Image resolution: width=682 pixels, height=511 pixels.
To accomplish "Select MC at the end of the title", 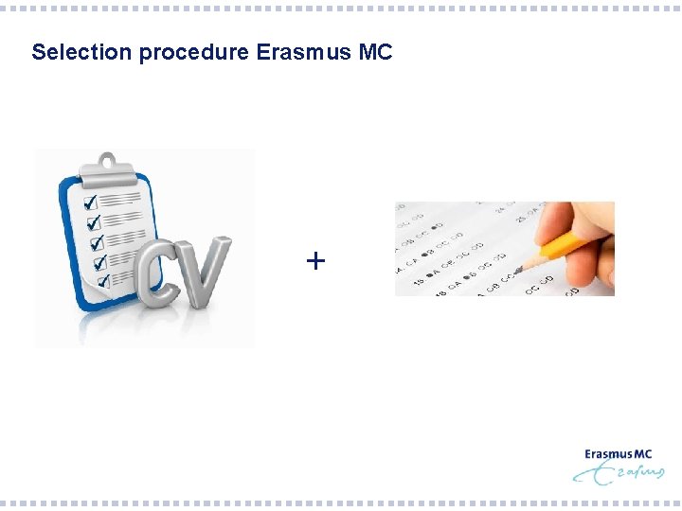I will click(x=376, y=52).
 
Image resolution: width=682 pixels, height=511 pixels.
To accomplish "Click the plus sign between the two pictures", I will click(x=315, y=259).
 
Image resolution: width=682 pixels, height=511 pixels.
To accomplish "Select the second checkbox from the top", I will click(x=93, y=222).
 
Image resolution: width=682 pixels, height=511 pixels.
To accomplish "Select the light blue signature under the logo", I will click(x=620, y=473).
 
